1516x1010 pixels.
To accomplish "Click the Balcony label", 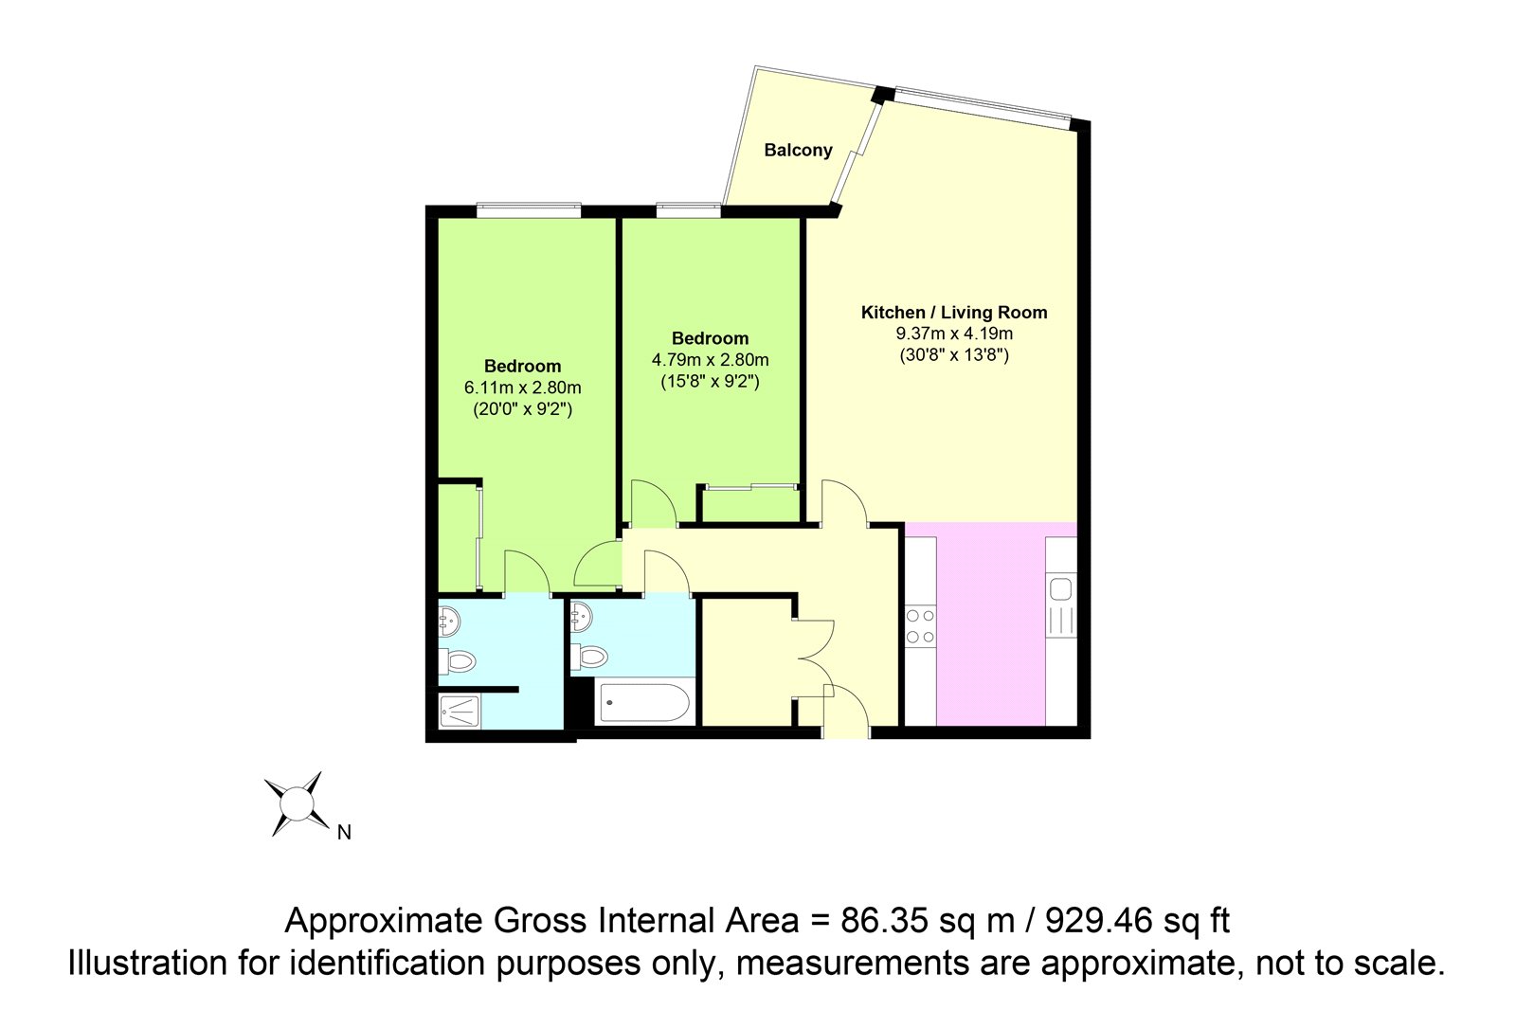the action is (x=798, y=151).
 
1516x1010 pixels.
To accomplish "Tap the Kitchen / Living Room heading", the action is (x=953, y=312).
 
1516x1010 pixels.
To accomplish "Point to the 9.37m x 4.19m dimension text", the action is (x=953, y=334).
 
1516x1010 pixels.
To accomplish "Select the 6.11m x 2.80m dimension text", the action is (x=522, y=388).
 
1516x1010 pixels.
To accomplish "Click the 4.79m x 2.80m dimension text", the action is (x=710, y=360).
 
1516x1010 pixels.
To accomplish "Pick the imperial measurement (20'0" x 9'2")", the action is (x=522, y=409).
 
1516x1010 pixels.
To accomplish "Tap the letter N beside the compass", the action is (x=344, y=833).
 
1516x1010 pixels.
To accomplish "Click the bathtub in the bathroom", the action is (x=644, y=703).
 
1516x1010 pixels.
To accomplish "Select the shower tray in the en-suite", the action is (x=460, y=712).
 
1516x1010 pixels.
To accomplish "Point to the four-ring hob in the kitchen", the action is (x=920, y=626).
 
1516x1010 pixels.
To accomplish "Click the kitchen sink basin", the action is (x=1060, y=589).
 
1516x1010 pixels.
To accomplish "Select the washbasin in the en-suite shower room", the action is (x=449, y=621).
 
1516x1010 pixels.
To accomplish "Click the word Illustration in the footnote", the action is (x=148, y=964).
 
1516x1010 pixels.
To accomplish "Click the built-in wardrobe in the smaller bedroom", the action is (x=750, y=505).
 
